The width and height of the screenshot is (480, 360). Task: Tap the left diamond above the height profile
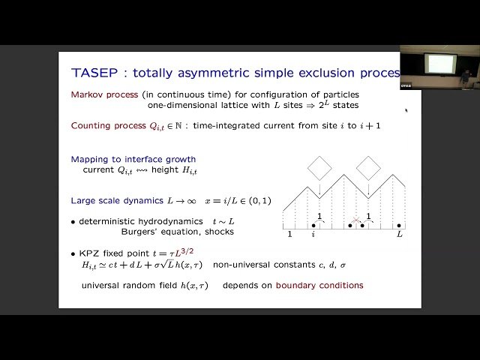(x=319, y=167)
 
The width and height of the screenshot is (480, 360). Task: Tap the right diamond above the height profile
(x=368, y=167)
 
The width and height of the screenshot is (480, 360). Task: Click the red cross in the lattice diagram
(x=357, y=223)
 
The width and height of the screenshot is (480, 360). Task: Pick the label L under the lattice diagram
(x=400, y=235)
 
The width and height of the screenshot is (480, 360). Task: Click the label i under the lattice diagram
(x=313, y=235)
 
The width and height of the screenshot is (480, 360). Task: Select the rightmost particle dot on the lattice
(x=399, y=225)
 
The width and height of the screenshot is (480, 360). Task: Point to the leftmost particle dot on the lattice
(x=313, y=225)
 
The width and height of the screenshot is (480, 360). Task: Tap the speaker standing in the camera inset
(x=466, y=76)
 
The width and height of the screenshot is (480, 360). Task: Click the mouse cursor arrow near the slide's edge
(x=406, y=111)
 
